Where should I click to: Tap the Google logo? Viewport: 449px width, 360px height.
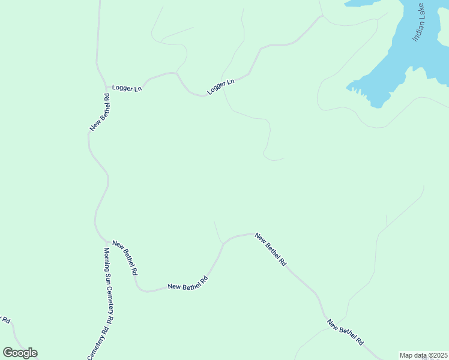point(20,353)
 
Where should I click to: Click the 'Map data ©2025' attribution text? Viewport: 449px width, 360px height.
point(423,355)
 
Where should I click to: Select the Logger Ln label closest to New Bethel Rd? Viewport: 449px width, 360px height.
point(127,88)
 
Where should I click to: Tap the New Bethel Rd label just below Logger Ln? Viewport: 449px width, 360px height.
point(100,112)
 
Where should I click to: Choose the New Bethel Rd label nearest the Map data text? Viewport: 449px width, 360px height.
point(345,333)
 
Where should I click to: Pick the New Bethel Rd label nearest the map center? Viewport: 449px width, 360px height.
point(271,249)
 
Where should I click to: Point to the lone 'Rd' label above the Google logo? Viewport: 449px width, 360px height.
point(7,320)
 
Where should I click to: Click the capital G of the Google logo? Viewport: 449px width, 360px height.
point(8,353)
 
